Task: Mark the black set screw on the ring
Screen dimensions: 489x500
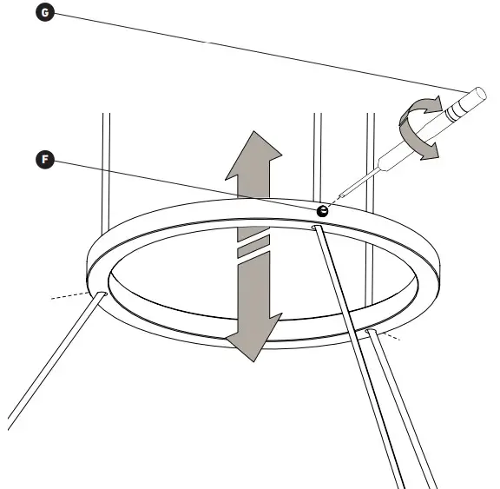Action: point(322,210)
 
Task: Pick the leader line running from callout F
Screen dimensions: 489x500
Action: point(182,184)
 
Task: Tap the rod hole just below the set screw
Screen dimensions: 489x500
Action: point(317,228)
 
